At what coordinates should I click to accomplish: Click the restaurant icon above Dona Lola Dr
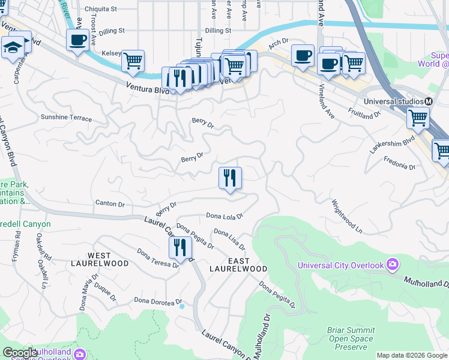229,178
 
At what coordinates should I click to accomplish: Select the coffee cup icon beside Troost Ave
77,41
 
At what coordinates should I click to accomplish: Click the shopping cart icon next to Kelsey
133,61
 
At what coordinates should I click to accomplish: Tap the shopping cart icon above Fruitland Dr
418,118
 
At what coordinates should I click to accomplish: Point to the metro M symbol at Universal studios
430,101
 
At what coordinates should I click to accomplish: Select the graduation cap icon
12,49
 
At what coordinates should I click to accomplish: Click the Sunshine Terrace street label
66,118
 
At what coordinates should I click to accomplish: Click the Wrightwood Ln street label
348,217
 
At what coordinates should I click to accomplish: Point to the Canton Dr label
110,204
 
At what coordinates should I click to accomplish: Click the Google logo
20,353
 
